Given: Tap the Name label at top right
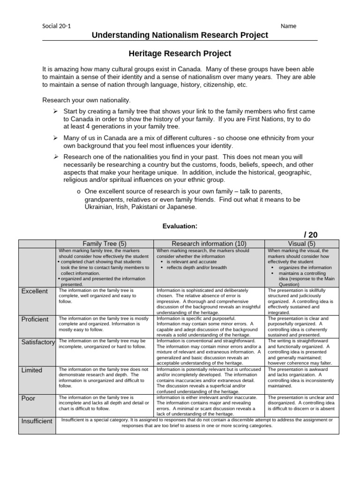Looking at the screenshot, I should point(288,26).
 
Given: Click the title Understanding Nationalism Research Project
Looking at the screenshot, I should point(180,35).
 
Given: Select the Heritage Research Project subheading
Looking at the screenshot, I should point(180,54).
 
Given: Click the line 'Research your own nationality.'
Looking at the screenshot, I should point(87,100).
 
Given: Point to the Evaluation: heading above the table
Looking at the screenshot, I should point(180,226).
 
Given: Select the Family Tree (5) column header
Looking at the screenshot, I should point(105,243).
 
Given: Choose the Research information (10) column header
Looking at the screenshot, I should point(209,243).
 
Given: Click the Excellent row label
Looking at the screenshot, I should point(34,291).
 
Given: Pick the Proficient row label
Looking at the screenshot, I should point(35,319).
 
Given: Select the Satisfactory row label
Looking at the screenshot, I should point(37,342).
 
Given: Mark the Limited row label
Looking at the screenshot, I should point(32,370).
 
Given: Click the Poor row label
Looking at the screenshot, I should point(29,398).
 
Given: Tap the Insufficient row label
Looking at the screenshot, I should point(37,421).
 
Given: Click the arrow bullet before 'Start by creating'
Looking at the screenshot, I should point(55,111).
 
